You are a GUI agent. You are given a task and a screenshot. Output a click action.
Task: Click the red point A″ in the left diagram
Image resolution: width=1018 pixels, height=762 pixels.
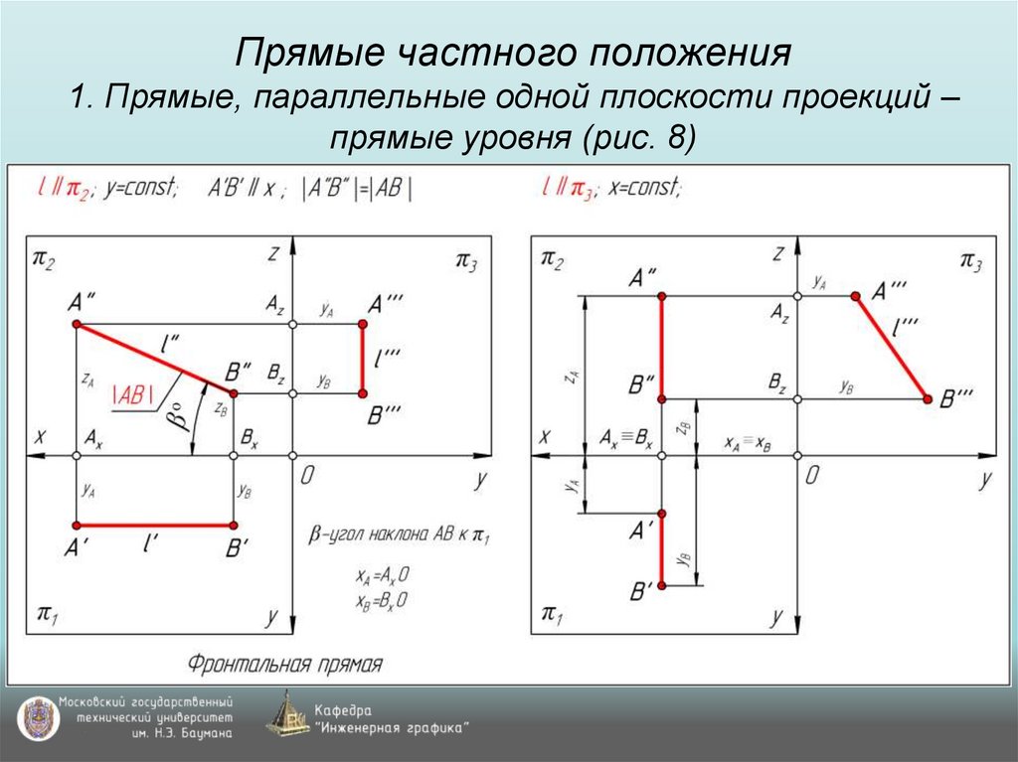point(77,325)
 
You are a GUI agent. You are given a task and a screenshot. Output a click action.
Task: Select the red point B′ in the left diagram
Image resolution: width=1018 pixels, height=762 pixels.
point(234,525)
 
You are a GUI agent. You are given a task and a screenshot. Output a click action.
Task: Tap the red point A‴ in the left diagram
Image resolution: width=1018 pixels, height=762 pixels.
point(363,325)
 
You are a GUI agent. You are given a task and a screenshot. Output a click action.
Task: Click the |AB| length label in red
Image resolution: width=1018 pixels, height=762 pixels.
point(134,393)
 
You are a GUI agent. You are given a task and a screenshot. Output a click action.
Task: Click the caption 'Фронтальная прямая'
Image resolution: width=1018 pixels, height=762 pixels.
point(286,663)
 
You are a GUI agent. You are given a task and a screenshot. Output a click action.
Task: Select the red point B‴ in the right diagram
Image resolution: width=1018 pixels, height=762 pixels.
point(928,398)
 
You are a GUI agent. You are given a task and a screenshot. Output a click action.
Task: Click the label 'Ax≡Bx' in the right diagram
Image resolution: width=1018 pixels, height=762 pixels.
point(626,438)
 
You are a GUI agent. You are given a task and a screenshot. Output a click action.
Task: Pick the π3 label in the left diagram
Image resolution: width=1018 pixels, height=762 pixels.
point(466,260)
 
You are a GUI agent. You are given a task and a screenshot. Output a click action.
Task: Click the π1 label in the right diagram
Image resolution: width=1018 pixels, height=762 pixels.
point(550,613)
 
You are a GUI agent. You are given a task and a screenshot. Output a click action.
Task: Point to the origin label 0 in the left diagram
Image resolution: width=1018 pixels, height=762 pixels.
point(307,476)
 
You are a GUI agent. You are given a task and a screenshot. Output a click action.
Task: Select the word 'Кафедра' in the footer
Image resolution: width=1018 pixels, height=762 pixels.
point(343,710)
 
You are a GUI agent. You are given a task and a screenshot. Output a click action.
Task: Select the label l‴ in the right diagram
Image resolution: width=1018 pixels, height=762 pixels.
point(906,325)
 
